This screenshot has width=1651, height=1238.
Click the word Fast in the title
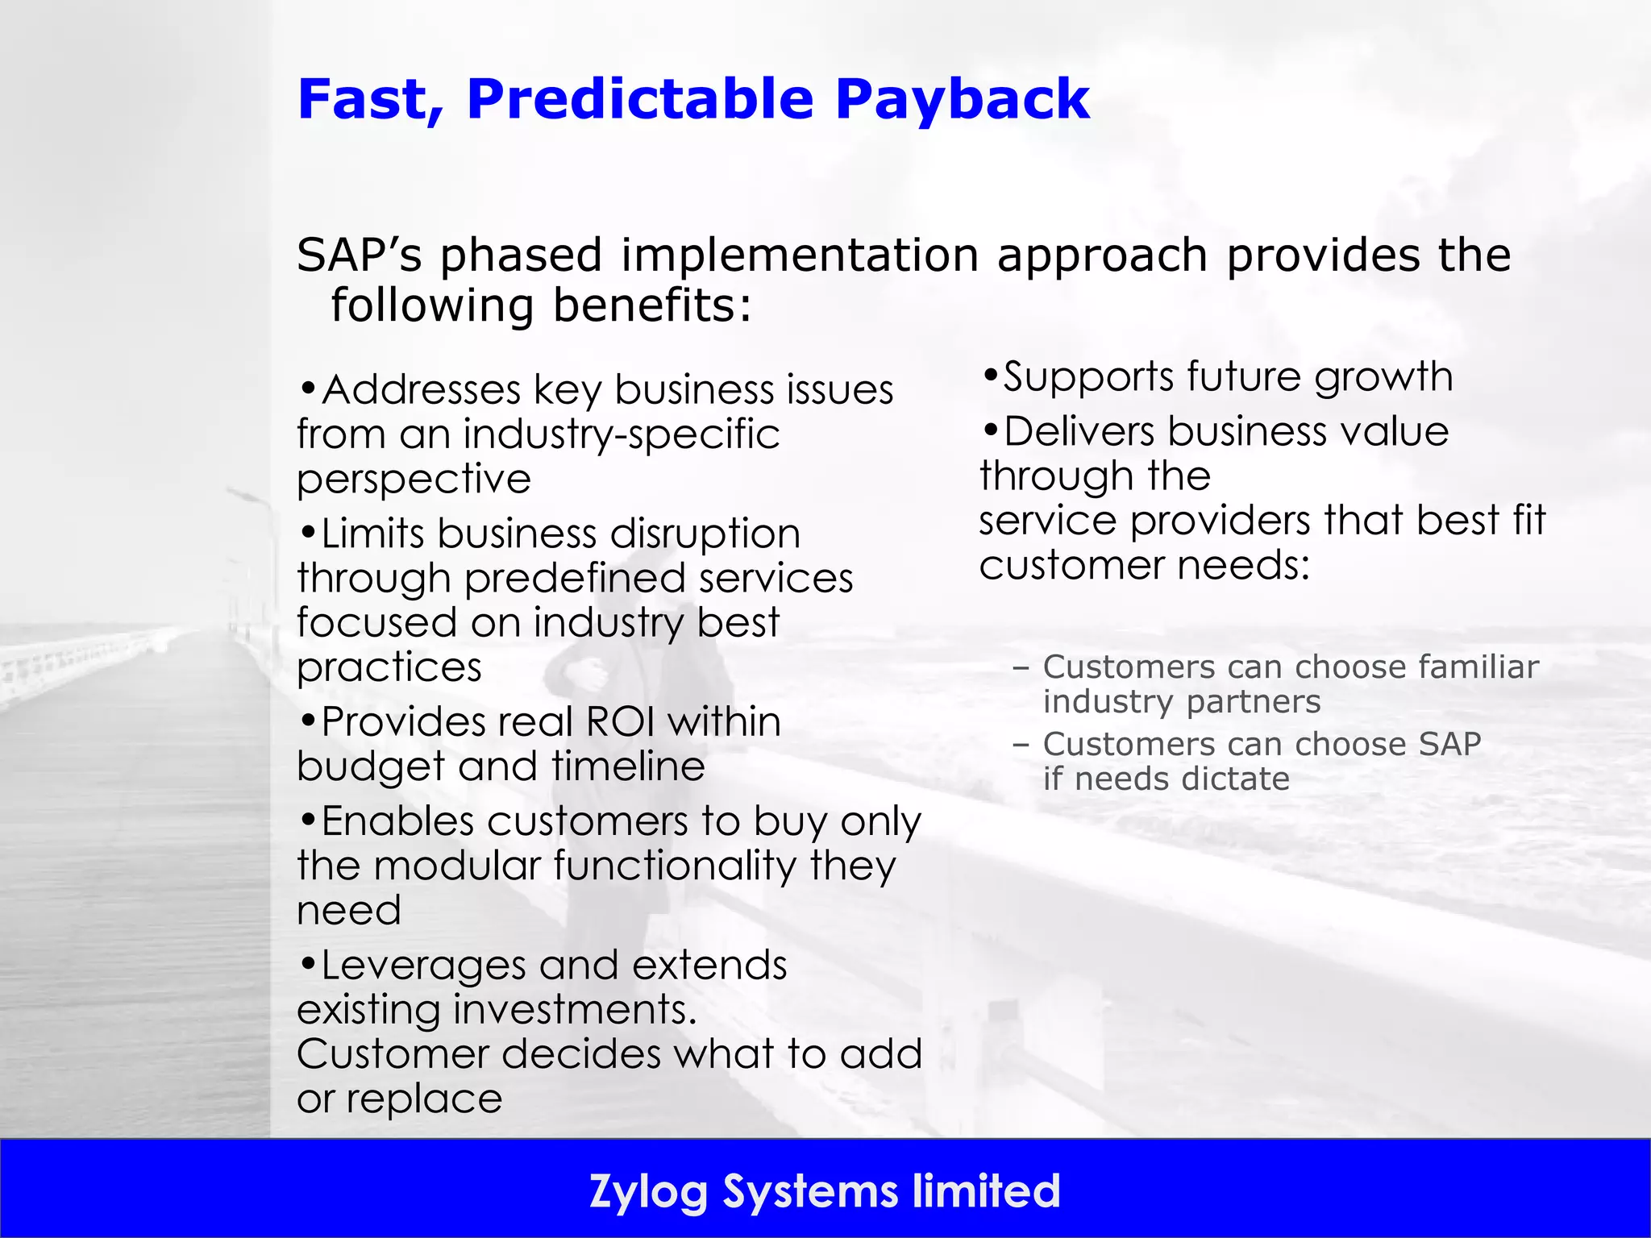point(370,100)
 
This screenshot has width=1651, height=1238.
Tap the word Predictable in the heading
point(640,100)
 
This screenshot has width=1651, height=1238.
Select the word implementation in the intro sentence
point(800,255)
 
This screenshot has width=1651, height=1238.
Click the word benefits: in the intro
point(652,306)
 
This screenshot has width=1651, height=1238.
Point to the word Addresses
point(421,390)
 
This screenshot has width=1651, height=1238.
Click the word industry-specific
point(622,435)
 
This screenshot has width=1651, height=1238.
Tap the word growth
point(1383,377)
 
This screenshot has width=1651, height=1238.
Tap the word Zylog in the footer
point(648,1192)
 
